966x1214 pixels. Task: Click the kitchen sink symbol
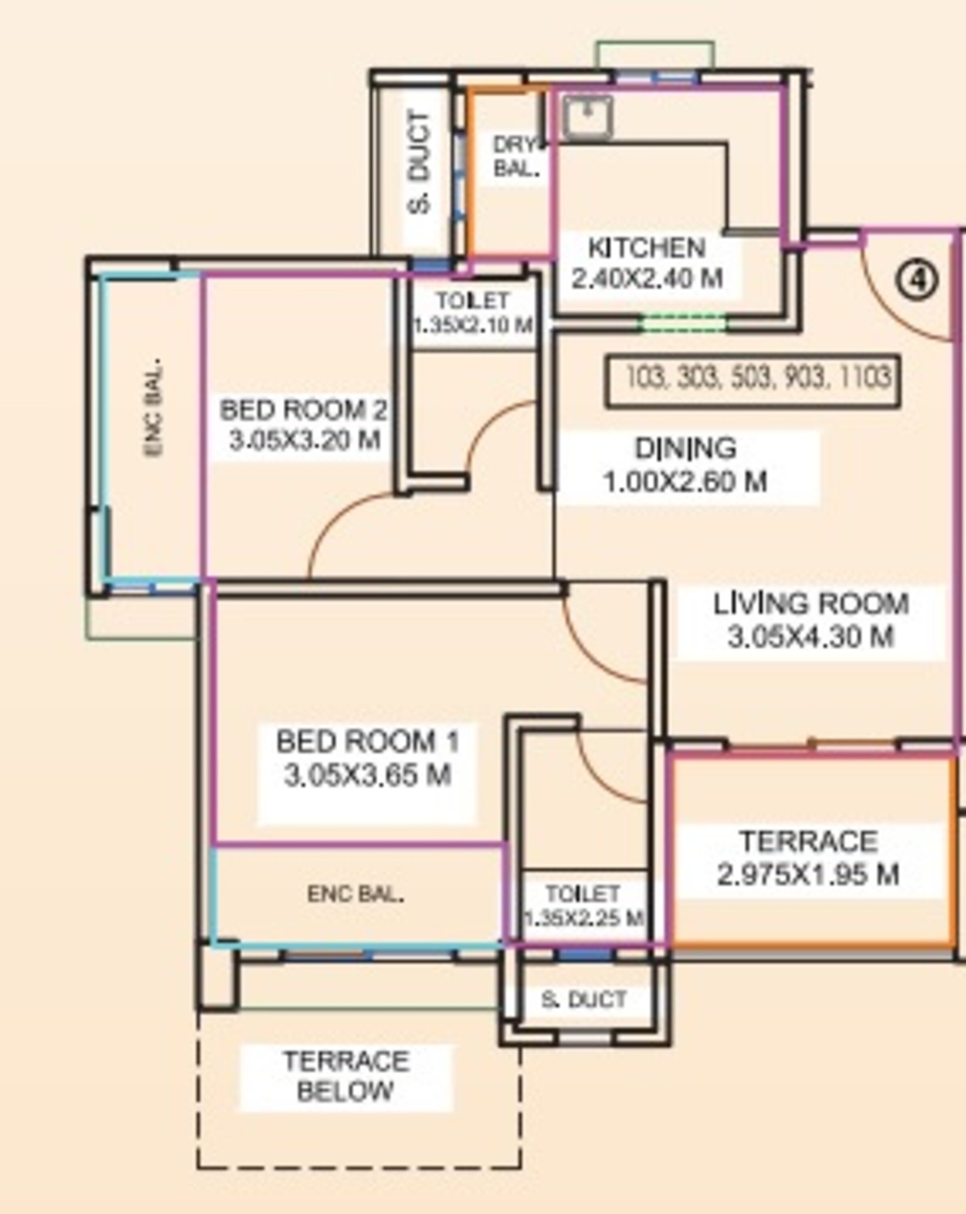pos(588,117)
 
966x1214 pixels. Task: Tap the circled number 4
pos(917,280)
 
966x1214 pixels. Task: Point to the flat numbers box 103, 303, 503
pos(752,381)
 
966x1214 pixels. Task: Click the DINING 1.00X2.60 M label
pos(686,465)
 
